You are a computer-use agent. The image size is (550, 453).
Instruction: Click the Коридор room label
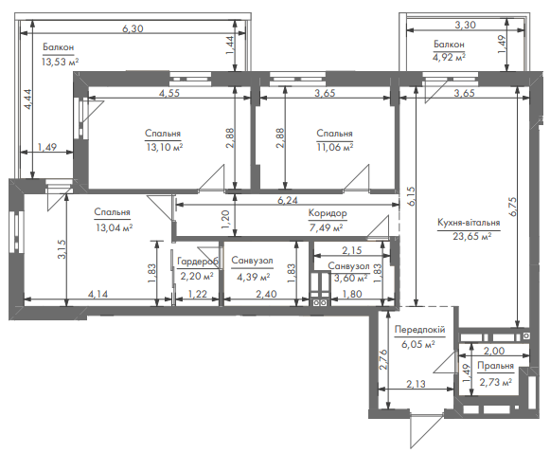pyautogui.click(x=328, y=213)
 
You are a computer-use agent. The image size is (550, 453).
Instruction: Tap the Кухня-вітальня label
pyautogui.click(x=469, y=223)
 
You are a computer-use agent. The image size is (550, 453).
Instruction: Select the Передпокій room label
pyautogui.click(x=420, y=330)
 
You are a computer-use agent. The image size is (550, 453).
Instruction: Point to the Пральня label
pyautogui.click(x=495, y=366)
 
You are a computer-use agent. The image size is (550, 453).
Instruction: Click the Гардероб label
pyautogui.click(x=198, y=262)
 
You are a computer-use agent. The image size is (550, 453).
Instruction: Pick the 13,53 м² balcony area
pyautogui.click(x=60, y=63)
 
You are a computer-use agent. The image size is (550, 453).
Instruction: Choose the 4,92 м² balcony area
pyautogui.click(x=449, y=57)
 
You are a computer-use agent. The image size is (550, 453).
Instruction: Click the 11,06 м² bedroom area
pyautogui.click(x=334, y=147)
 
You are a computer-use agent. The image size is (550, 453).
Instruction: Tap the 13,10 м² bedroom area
pyautogui.click(x=164, y=147)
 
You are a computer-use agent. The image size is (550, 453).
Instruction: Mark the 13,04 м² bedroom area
pyautogui.click(x=114, y=227)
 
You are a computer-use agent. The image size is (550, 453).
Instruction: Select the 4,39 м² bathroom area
pyautogui.click(x=254, y=278)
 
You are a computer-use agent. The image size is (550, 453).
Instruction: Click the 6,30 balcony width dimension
pyautogui.click(x=133, y=28)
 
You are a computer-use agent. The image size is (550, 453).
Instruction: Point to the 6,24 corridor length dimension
pyautogui.click(x=288, y=200)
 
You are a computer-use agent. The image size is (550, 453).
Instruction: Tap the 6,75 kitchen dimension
pyautogui.click(x=512, y=207)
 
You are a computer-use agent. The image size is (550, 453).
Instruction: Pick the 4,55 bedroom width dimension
pyautogui.click(x=169, y=93)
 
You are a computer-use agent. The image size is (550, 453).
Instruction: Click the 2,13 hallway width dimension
pyautogui.click(x=416, y=384)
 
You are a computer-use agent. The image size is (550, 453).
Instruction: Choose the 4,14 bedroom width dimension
pyautogui.click(x=98, y=294)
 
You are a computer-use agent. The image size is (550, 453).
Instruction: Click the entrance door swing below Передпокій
pyautogui.click(x=425, y=431)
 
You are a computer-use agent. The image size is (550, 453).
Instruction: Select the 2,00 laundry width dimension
pyautogui.click(x=494, y=351)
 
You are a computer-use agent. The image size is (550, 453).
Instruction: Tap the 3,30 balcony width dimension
pyautogui.click(x=465, y=25)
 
